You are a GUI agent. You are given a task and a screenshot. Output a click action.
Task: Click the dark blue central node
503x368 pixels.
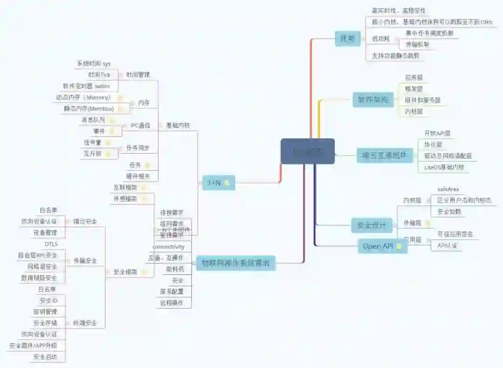pos(307,151)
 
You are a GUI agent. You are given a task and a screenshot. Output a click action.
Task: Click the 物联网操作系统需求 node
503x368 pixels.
pos(236,263)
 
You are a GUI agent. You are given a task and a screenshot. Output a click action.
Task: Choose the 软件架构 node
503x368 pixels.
pos(373,99)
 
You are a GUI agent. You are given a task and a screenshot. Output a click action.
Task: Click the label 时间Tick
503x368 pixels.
pos(99,75)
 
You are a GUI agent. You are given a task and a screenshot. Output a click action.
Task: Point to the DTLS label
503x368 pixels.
pos(51,244)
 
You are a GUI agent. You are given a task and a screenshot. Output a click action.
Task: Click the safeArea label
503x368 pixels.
pos(448,189)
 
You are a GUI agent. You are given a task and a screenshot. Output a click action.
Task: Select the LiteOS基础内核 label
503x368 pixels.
pos(444,167)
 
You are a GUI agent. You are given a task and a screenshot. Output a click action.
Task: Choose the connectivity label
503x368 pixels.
pos(169,246)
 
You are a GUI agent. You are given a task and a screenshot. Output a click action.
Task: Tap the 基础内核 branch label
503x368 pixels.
pos(178,125)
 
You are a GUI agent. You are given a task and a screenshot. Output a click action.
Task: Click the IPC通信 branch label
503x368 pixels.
pos(140,125)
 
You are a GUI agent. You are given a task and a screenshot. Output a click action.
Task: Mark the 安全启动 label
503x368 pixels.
pos(45,357)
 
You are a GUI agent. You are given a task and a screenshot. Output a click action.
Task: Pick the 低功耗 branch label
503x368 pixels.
pos(381,39)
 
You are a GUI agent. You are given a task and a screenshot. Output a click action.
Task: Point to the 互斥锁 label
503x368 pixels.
pos(93,153)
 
